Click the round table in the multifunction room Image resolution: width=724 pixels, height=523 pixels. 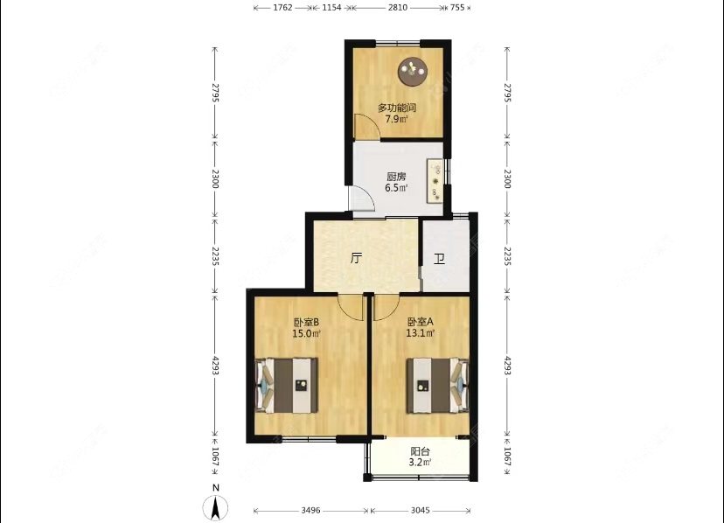click(x=412, y=70)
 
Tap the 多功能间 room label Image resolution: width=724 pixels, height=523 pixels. click(x=397, y=108)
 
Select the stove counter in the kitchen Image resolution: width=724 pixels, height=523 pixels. click(x=434, y=182)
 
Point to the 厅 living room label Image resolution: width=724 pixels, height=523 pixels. click(x=356, y=259)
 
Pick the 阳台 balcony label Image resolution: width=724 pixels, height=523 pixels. click(x=421, y=452)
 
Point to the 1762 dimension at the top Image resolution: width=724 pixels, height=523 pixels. click(x=282, y=8)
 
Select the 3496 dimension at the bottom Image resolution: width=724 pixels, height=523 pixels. click(x=310, y=510)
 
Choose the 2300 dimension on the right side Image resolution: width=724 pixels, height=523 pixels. click(x=507, y=180)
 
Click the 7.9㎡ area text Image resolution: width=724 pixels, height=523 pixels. click(x=397, y=119)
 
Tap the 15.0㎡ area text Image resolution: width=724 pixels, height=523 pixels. click(x=306, y=333)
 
